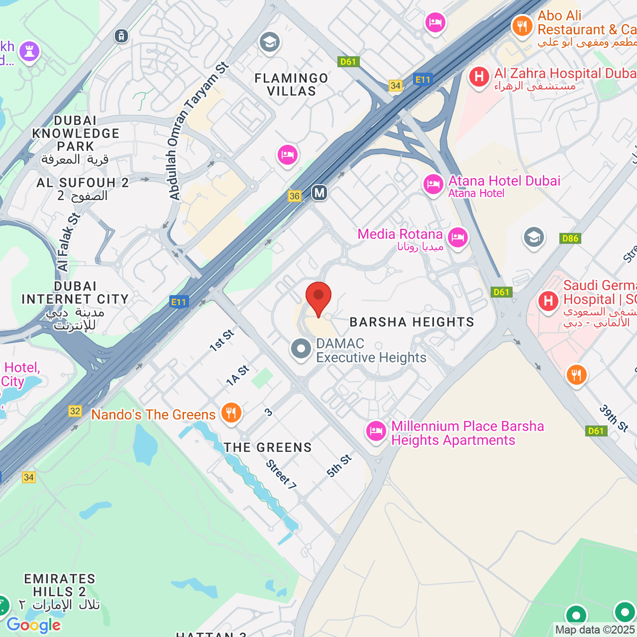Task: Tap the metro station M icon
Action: (x=319, y=192)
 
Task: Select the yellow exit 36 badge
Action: (x=295, y=196)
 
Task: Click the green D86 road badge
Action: (x=570, y=238)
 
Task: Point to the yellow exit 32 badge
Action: (x=75, y=411)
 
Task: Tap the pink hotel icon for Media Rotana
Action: (x=457, y=237)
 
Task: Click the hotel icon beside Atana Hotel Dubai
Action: (x=433, y=185)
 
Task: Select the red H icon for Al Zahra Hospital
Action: (x=479, y=77)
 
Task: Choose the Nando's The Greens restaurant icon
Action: (x=231, y=412)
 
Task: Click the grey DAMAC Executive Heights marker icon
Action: (x=301, y=349)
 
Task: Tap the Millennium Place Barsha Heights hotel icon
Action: (x=376, y=431)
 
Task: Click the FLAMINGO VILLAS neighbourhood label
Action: (x=291, y=85)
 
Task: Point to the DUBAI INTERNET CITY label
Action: (x=75, y=293)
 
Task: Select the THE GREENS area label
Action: (x=268, y=447)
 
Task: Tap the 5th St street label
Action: (x=339, y=466)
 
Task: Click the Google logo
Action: (x=34, y=625)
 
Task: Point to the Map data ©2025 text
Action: (x=595, y=630)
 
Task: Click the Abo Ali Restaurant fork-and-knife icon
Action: (x=522, y=25)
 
